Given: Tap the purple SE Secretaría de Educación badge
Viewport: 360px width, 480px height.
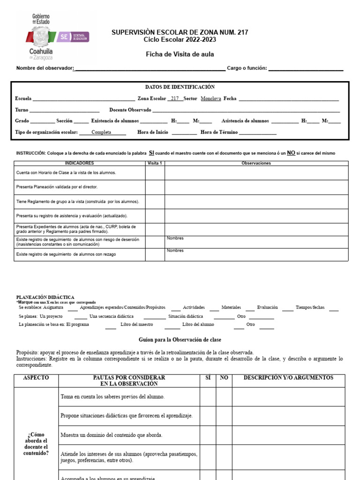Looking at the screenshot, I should (x=75, y=37).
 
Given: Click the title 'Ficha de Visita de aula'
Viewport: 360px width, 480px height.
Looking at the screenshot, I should (x=180, y=54).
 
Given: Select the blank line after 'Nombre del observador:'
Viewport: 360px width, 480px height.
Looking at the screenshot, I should (x=150, y=68).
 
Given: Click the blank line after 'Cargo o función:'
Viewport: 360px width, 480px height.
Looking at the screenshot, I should (x=306, y=68).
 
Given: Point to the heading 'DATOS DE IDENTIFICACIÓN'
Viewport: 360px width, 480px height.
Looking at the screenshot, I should (x=180, y=87).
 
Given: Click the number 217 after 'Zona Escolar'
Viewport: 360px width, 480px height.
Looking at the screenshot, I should (x=175, y=99).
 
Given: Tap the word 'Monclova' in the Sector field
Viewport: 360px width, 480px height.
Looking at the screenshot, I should (x=210, y=99).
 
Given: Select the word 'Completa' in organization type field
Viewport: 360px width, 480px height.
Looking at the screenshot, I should (x=101, y=133).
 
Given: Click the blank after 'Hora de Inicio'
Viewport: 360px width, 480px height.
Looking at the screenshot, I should (x=184, y=133).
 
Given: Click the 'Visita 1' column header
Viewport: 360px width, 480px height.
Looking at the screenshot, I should (x=155, y=163).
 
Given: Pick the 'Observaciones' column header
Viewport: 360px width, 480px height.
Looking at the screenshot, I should (x=256, y=163).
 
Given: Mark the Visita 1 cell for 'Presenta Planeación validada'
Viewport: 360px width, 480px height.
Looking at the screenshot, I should (x=155, y=187).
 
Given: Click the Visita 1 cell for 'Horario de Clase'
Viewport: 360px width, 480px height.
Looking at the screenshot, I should (x=155, y=173).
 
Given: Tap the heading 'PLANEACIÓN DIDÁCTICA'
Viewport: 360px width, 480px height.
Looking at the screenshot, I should (x=45, y=297).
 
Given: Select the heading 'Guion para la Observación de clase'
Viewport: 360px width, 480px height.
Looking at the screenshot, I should (x=180, y=339).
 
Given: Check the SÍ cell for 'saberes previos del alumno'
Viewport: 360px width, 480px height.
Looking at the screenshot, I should (x=208, y=397).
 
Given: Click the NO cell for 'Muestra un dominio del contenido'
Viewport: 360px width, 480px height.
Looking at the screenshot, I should (x=224, y=435).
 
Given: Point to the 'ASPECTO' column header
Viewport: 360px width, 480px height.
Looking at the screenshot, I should (x=36, y=378).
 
